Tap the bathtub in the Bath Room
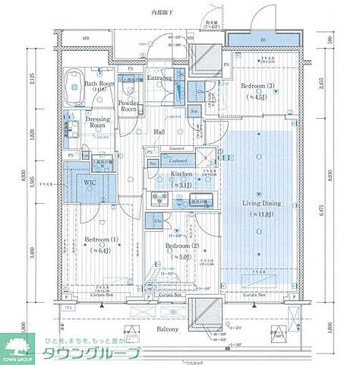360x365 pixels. click(74, 87)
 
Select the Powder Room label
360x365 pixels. click(129, 105)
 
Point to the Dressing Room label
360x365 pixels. click(96, 123)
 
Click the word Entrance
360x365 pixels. click(160, 78)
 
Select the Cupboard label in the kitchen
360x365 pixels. click(178, 160)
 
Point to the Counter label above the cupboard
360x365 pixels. click(178, 148)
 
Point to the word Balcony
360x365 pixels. click(168, 328)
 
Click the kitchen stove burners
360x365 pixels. click(161, 199)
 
